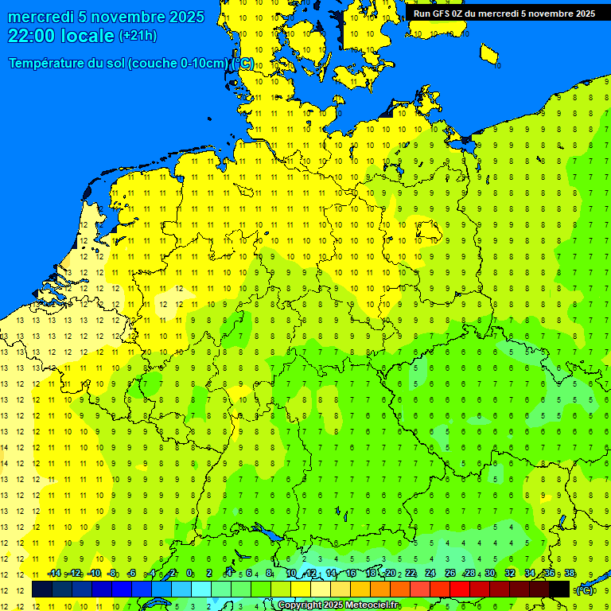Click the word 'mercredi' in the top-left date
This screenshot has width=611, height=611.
point(41,17)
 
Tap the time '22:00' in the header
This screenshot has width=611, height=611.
point(31,36)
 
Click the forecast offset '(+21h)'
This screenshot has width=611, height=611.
point(138,36)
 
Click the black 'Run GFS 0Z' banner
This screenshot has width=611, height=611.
point(504,14)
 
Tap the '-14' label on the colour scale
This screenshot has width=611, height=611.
point(53,574)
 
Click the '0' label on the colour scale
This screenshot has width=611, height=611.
point(189,574)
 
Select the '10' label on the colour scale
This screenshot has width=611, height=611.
point(290,574)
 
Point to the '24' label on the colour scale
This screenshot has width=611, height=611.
point(430,574)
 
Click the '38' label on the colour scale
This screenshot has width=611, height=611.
point(570,574)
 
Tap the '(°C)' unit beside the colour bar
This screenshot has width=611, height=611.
point(584,590)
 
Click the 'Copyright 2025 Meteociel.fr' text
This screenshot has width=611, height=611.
point(338,605)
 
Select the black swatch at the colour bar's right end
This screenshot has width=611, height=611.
point(559,589)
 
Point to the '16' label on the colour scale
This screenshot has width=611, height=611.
point(350,574)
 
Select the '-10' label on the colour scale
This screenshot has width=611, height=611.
point(93,574)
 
